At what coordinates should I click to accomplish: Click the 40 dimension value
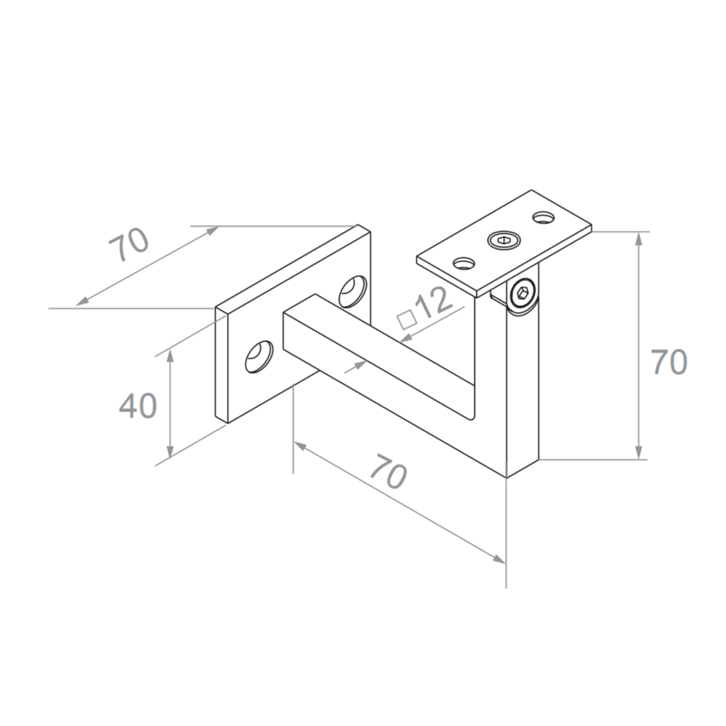point(138,406)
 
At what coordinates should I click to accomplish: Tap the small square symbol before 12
point(407,320)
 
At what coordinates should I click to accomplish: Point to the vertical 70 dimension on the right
point(669,362)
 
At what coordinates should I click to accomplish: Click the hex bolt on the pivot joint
point(523,292)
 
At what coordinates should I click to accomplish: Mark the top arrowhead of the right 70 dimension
point(638,238)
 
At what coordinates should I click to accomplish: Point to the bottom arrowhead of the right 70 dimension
point(638,453)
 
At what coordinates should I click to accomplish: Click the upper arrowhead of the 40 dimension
point(170,355)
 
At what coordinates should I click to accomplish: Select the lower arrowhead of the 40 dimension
point(170,452)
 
